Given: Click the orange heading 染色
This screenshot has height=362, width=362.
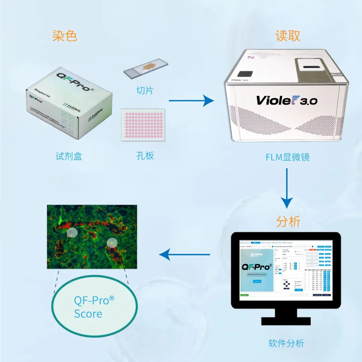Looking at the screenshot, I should (x=65, y=36).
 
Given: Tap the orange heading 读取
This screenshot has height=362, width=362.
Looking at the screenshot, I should (x=287, y=36).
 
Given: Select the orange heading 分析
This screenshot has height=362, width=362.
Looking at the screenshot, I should (x=288, y=222).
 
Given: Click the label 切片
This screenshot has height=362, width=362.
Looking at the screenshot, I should (x=145, y=90).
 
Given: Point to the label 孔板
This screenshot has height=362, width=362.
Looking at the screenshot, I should (x=145, y=156).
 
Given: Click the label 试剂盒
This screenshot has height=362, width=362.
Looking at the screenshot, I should (x=69, y=156).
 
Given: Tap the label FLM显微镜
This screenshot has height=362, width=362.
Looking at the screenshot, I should (x=287, y=157).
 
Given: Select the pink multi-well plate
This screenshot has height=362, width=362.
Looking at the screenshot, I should (x=143, y=125).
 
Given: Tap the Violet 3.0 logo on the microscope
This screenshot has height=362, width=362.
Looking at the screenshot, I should (x=287, y=100).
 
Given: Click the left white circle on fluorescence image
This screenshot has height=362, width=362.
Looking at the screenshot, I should (x=72, y=233).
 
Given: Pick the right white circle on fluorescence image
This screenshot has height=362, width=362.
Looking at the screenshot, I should (x=112, y=243).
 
